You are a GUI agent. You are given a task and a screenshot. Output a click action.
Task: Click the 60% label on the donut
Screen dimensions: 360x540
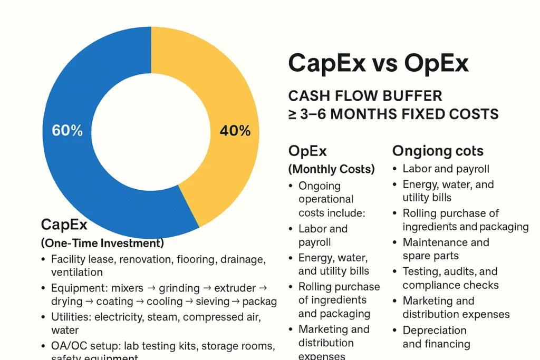67,131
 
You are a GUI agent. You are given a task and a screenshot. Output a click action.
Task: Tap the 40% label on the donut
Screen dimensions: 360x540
235,131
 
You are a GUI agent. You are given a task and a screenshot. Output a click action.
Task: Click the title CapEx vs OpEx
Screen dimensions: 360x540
378,63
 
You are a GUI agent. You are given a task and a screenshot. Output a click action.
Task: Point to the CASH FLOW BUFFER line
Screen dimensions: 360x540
365,96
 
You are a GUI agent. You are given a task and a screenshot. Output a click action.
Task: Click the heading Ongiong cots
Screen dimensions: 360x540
438,151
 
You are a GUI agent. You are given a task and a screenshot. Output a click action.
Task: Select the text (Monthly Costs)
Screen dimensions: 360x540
331,169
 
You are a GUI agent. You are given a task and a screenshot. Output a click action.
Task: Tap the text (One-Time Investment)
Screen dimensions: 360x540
102,244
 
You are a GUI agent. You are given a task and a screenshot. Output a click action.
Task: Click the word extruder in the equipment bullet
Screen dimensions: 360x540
236,288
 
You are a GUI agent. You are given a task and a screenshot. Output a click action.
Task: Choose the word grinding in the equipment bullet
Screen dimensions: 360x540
179,288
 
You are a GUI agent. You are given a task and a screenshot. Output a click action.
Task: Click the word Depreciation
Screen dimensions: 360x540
435,330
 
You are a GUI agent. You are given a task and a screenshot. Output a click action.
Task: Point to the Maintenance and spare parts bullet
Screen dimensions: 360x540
446,249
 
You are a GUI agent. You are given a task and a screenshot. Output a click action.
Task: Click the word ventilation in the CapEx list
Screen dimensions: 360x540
76,273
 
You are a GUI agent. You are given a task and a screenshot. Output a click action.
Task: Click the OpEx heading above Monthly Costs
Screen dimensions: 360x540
307,151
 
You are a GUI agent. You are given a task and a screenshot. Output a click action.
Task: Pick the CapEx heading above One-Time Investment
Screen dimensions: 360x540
64,225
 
